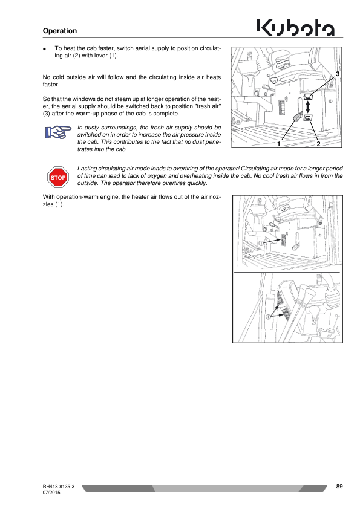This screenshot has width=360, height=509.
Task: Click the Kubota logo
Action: pyautogui.click(x=296, y=28)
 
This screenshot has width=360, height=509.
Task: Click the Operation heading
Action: pyautogui.click(x=60, y=31)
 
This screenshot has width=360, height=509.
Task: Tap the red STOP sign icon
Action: pyautogui.click(x=58, y=177)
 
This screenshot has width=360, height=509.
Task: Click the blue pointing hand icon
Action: pyautogui.click(x=58, y=132)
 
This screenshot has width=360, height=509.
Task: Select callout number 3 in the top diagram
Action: pyautogui.click(x=338, y=74)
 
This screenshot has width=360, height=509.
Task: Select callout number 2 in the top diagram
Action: pyautogui.click(x=318, y=144)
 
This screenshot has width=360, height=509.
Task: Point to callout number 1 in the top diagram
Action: pyautogui.click(x=278, y=144)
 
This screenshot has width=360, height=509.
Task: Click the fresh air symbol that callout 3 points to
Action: pyautogui.click(x=308, y=96)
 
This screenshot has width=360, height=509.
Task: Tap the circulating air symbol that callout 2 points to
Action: pyautogui.click(x=308, y=117)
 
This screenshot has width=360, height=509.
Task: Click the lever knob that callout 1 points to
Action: pyautogui.click(x=296, y=117)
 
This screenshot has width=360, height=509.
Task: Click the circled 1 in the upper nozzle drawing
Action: pyautogui.click(x=261, y=243)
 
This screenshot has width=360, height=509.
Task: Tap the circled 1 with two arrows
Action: pyautogui.click(x=269, y=317)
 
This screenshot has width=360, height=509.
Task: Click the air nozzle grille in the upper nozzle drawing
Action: pyautogui.click(x=283, y=241)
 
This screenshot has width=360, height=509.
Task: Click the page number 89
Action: pyautogui.click(x=339, y=486)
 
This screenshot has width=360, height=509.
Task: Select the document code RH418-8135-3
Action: pyautogui.click(x=59, y=487)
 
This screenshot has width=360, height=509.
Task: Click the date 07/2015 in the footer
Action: pyautogui.click(x=51, y=493)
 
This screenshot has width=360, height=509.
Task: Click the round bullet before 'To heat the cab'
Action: pyautogui.click(x=44, y=49)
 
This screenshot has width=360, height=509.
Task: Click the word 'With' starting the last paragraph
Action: pyautogui.click(x=49, y=197)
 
